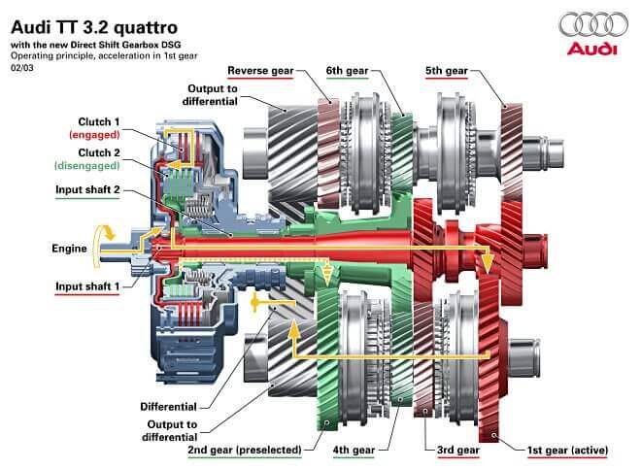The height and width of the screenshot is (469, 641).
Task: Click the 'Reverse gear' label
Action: click(x=260, y=71)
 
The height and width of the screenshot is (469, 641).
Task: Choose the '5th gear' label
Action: click(x=448, y=71)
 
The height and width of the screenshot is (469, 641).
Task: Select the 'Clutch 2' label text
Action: click(x=101, y=153)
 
